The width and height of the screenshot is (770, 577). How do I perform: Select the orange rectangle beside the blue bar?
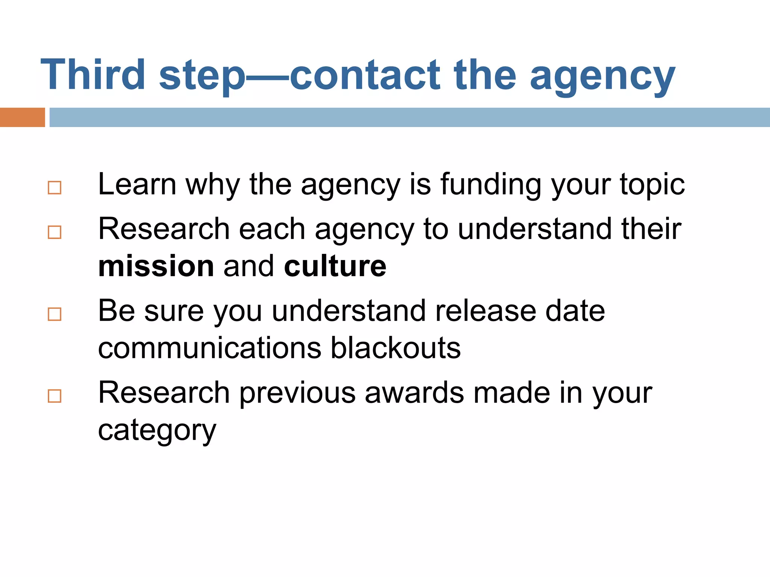coord(22,117)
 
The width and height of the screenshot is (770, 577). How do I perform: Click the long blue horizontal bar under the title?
coord(409,117)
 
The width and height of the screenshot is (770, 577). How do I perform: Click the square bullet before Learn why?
coord(55,188)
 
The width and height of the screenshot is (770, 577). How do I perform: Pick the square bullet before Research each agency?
coord(55,232)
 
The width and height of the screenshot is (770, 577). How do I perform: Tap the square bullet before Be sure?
coord(55,314)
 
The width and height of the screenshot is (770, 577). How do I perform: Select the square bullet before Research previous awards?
coord(55,396)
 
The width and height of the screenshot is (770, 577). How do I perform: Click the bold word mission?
coord(156,266)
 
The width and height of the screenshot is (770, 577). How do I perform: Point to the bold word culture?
coord(335,266)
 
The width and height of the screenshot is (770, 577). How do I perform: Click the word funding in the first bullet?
coord(491,185)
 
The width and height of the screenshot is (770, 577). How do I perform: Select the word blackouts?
coord(396,348)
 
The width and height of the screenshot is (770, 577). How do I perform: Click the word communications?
coord(210,348)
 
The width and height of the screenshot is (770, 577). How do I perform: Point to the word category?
coord(157,430)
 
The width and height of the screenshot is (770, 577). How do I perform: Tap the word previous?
coord(297,393)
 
